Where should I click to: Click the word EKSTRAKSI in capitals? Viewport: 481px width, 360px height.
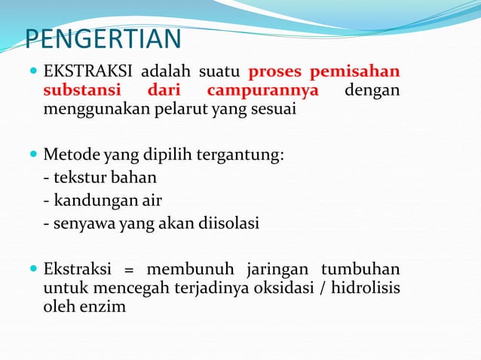[x=89, y=73]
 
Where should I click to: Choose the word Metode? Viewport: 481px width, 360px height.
[x=67, y=157]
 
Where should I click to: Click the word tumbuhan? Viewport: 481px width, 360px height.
[x=361, y=270]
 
